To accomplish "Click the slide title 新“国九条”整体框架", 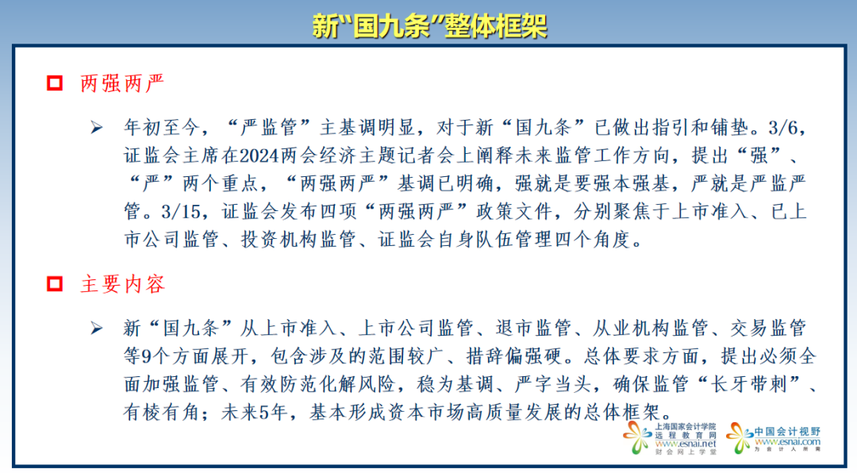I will coord(428,27).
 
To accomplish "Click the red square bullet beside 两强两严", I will coord(55,83).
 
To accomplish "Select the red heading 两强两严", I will coord(122,83).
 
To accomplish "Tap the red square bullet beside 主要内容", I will coord(55,283).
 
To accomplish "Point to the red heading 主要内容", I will coord(122,283).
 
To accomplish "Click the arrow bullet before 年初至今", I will coord(97,128).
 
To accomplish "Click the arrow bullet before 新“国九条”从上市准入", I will coord(97,328).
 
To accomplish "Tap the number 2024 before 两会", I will coord(259,156).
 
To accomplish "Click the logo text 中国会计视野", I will coord(787,431).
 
